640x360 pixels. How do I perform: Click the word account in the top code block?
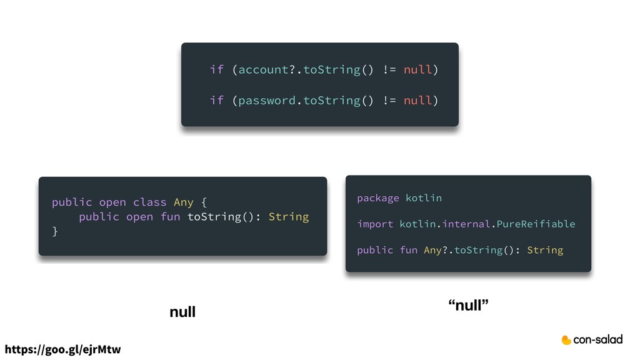[x=263, y=69]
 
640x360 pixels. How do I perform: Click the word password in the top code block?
[x=266, y=101]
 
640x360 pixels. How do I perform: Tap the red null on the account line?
[x=417, y=69]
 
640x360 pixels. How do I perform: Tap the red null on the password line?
[x=417, y=101]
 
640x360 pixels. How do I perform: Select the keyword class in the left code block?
[x=149, y=202]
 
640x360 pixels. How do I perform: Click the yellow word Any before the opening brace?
[x=183, y=202]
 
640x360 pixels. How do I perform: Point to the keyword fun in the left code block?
[x=170, y=217]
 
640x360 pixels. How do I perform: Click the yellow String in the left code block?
[x=288, y=217]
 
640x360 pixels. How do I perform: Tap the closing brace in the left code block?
[x=55, y=231]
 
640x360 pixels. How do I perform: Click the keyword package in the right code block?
[x=377, y=198]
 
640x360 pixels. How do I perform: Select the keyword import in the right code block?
[x=375, y=224]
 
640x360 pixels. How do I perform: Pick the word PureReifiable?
[x=536, y=224]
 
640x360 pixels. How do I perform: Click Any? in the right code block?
[x=436, y=250]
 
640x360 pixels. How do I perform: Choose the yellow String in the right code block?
[x=544, y=250]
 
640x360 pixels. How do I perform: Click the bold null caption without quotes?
[x=182, y=311]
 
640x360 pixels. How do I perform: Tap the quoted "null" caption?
[x=468, y=305]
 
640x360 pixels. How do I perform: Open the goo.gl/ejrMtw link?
[x=62, y=349]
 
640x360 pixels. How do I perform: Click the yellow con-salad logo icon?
[x=566, y=340]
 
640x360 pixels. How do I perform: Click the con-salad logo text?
[x=598, y=339]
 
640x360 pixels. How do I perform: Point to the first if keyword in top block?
[x=216, y=69]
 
